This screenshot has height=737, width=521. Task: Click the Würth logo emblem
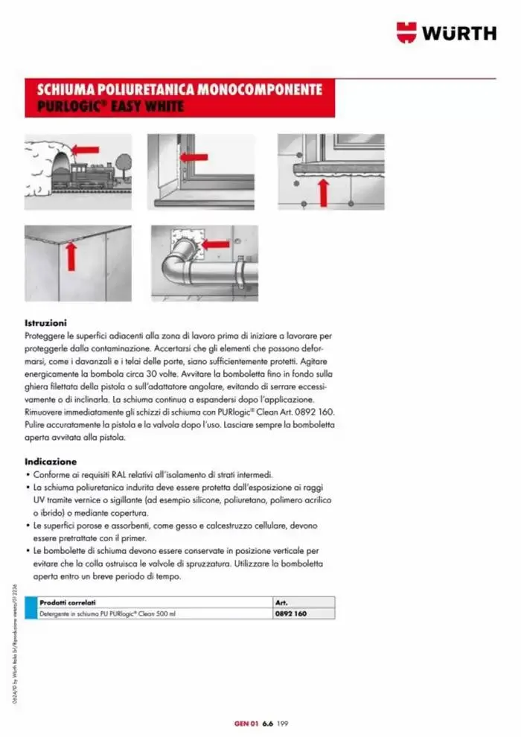(x=408, y=33)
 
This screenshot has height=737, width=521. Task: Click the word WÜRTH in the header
(x=459, y=33)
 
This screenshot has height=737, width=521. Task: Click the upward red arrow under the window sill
(x=323, y=191)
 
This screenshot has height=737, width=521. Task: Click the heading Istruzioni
(x=46, y=324)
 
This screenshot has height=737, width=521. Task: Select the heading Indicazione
(x=51, y=461)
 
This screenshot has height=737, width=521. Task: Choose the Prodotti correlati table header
(x=68, y=602)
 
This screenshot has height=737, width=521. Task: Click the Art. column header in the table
(x=281, y=602)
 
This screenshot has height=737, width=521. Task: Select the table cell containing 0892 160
(x=290, y=614)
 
